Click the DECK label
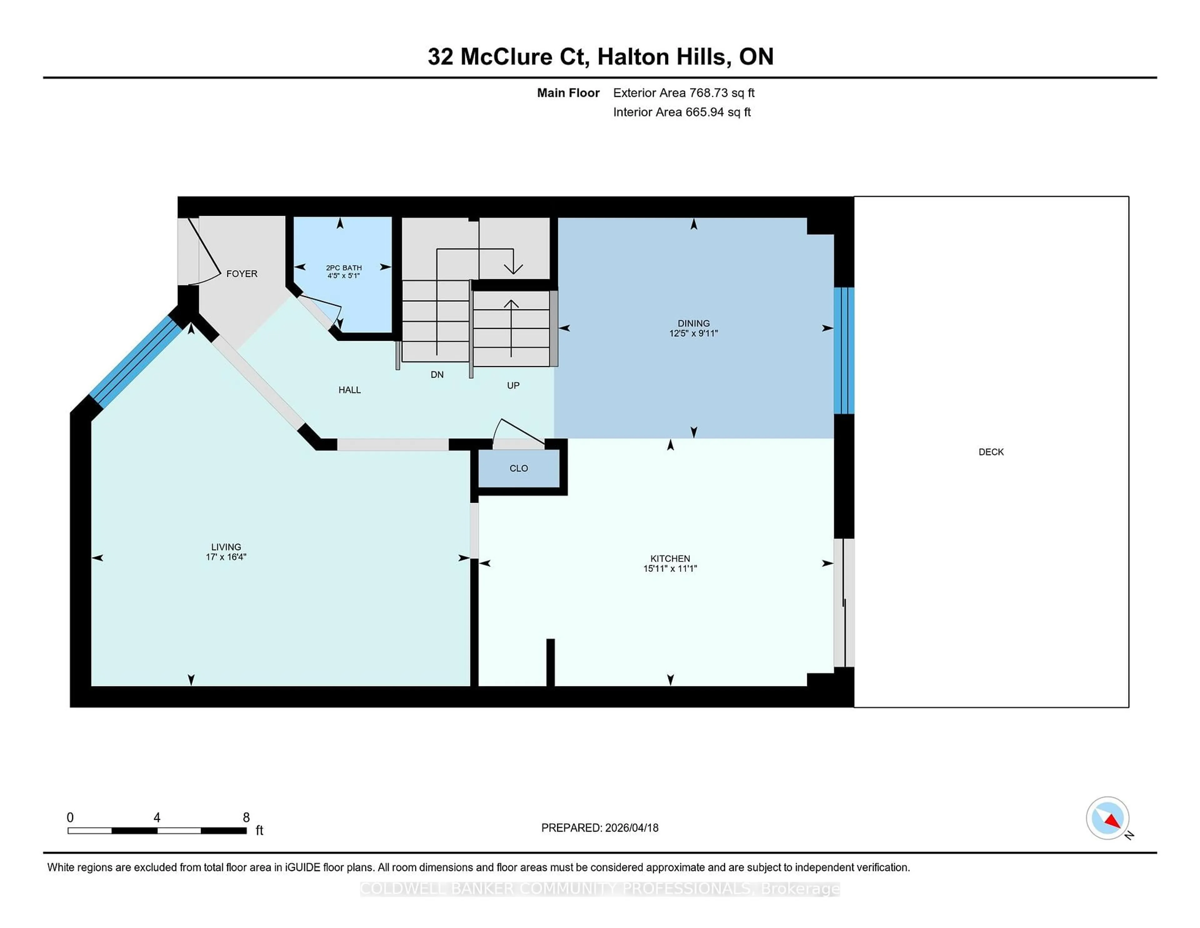pyautogui.click(x=991, y=452)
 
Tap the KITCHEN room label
pyautogui.click(x=670, y=558)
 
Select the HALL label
pyautogui.click(x=349, y=390)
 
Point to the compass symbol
pyautogui.click(x=1107, y=818)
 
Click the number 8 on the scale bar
pyautogui.click(x=246, y=818)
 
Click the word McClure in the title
pyautogui.click(x=506, y=57)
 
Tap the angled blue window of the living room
pyautogui.click(x=136, y=360)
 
